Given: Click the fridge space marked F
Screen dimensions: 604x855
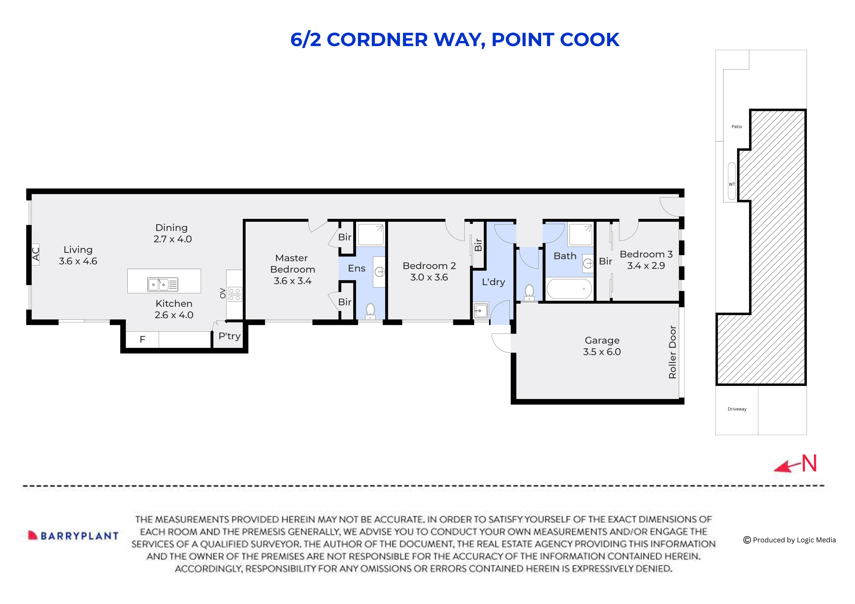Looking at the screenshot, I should point(142,339).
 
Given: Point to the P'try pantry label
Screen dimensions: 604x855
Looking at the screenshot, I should point(229,336).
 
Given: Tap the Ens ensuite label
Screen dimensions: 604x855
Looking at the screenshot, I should point(356,268).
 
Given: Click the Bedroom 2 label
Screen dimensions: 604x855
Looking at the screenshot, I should point(429,266).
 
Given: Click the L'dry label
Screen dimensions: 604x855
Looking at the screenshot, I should point(493,282).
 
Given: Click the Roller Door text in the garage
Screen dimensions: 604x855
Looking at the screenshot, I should point(672,352).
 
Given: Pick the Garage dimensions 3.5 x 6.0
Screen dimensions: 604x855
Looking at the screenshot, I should point(602,352).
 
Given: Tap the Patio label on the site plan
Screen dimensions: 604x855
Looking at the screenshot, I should point(737,127).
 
